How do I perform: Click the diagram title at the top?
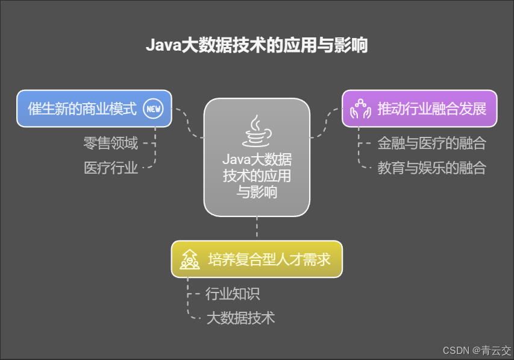point(257,46)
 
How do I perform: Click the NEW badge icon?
point(154,109)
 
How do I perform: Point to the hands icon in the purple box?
point(360,109)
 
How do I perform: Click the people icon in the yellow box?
point(190,260)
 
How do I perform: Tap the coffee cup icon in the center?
point(257,131)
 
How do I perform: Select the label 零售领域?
point(111,144)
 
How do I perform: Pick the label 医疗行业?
point(111,168)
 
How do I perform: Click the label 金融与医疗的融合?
point(431,144)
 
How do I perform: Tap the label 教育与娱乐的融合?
point(431,168)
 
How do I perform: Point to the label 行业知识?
point(233,294)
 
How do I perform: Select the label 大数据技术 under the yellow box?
point(240,318)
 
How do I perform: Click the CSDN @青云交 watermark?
point(477,350)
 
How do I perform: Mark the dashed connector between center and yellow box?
point(257,229)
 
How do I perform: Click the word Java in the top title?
point(160,46)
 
